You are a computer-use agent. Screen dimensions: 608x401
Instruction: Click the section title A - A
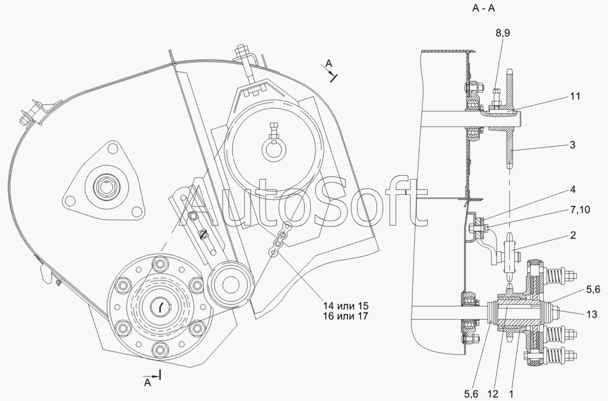pos(483,8)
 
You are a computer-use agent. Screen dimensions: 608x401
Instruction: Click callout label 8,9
pos(503,33)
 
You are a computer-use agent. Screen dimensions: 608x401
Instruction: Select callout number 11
pos(575,96)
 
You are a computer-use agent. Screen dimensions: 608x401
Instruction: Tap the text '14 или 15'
pos(345,306)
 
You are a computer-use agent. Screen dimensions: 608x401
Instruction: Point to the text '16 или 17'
pos(345,316)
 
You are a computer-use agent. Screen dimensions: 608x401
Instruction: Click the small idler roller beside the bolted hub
pos(231,283)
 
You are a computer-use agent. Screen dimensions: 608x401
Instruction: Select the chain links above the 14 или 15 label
pos(281,240)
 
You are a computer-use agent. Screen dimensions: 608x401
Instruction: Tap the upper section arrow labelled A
pos(330,70)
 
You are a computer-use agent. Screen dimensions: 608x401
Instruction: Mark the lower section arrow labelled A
pos(152,378)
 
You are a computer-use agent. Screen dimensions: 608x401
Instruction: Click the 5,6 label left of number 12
pos(471,394)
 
